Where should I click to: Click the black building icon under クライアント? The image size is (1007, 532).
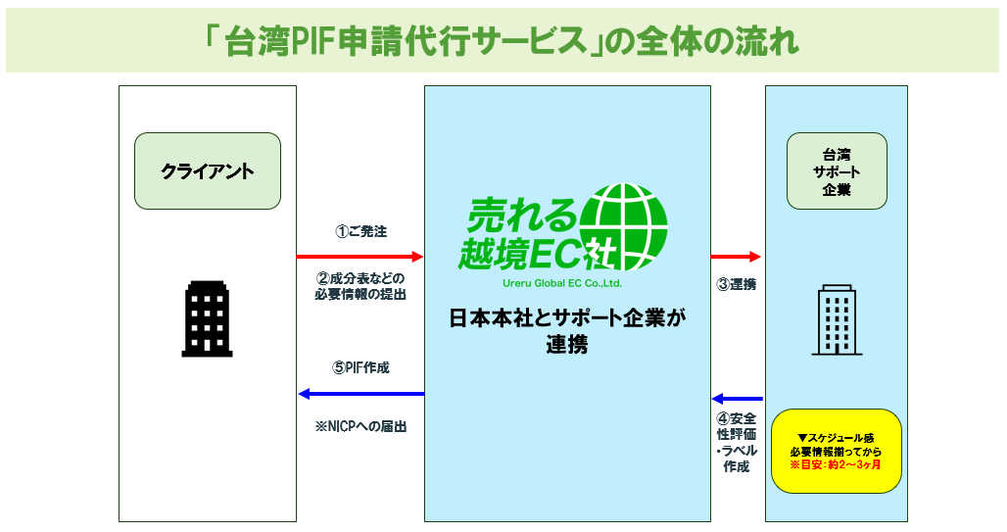(207, 317)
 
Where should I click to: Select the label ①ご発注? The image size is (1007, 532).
(360, 232)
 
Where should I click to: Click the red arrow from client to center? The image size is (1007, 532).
(360, 257)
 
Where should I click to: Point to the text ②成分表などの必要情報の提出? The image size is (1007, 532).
(360, 285)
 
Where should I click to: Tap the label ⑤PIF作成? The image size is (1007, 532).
(360, 368)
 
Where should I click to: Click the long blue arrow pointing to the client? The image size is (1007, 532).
(360, 394)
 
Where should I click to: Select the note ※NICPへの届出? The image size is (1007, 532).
(360, 427)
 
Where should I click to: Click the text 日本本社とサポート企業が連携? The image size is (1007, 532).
(568, 331)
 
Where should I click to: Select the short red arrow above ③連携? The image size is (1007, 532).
(737, 257)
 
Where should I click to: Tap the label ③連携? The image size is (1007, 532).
(736, 285)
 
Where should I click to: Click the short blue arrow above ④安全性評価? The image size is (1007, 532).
(737, 399)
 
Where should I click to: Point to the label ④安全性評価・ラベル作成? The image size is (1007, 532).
(737, 443)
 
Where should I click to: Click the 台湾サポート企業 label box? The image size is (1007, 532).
(837, 170)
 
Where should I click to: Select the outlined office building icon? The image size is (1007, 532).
(837, 319)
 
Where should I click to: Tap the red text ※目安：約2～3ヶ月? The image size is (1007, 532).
(836, 464)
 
